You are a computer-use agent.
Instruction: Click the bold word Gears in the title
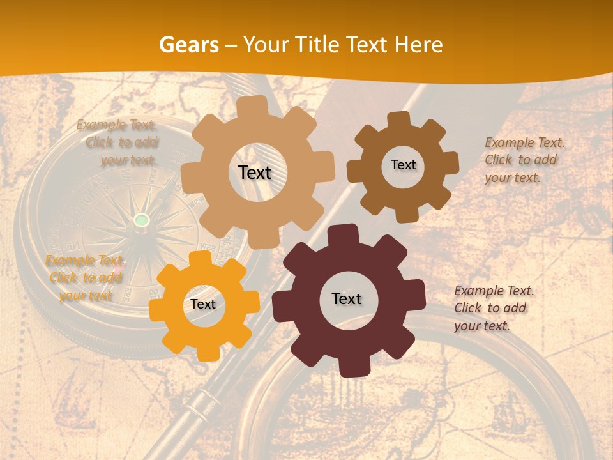(x=188, y=45)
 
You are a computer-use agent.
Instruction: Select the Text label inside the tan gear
(x=255, y=172)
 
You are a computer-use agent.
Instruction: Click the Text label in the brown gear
(x=403, y=165)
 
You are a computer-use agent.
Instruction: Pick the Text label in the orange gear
(x=203, y=304)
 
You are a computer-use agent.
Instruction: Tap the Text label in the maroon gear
(x=347, y=298)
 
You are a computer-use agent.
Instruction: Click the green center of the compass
(x=141, y=220)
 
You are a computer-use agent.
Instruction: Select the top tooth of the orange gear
(x=200, y=259)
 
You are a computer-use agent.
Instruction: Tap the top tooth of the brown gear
(x=399, y=119)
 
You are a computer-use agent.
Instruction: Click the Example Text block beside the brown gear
(x=524, y=160)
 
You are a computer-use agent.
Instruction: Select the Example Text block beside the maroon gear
(x=494, y=308)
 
